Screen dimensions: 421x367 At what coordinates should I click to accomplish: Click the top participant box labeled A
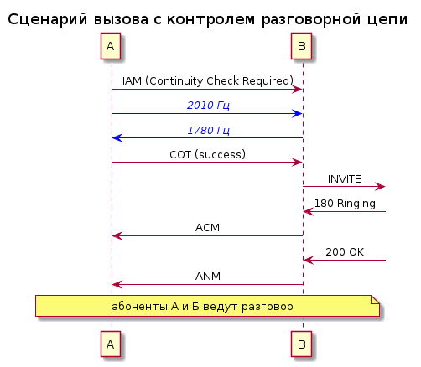pos(111,46)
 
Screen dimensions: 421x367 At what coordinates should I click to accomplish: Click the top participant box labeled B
pos(301,46)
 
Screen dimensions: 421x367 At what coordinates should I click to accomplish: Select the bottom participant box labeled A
pos(111,344)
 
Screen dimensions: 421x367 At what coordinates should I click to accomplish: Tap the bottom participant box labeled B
pos(301,344)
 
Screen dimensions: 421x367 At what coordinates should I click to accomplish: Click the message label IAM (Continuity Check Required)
pos(208,80)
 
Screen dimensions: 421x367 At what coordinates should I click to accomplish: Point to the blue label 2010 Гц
pos(208,106)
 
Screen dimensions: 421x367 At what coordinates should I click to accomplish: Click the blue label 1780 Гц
pos(208,130)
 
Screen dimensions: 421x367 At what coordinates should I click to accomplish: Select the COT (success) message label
pos(207,154)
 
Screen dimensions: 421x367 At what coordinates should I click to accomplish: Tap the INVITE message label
pos(345,179)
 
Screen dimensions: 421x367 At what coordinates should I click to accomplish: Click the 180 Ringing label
pos(345,204)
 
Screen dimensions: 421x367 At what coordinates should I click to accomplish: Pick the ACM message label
pos(207,228)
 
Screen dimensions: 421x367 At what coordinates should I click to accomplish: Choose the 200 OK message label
pos(345,252)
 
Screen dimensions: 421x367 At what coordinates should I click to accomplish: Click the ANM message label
pos(208,277)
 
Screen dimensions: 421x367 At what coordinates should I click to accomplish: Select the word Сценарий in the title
pos(47,20)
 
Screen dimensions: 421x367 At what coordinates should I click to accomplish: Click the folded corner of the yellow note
pos(375,299)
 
